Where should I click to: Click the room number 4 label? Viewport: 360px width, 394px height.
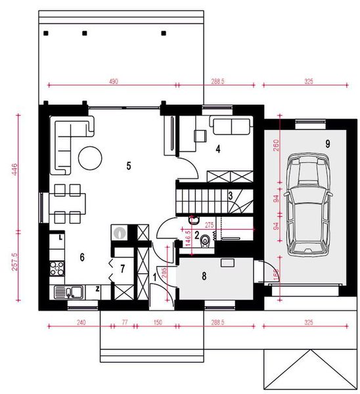click(x=217, y=148)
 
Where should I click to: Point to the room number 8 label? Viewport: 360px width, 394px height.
click(x=204, y=276)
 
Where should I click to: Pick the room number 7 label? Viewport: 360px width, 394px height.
click(x=122, y=269)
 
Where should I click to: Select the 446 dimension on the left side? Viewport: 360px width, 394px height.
click(x=16, y=172)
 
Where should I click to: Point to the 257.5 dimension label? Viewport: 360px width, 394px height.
click(x=16, y=263)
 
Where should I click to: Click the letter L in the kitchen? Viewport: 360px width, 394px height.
click(x=60, y=238)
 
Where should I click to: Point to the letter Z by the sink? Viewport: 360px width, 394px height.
click(x=97, y=289)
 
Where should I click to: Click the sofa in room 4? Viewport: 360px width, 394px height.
click(x=229, y=125)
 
